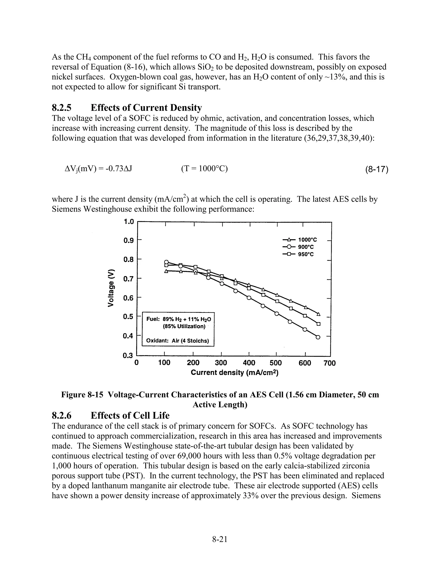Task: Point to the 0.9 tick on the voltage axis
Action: (x=128, y=240)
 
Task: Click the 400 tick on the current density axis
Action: (x=249, y=363)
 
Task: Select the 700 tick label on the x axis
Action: (x=330, y=363)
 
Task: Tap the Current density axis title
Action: (x=235, y=372)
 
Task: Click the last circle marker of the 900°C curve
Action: (x=318, y=337)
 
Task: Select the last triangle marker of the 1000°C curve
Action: (x=318, y=314)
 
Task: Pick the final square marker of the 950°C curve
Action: (x=318, y=324)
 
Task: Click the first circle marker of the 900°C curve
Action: (x=166, y=262)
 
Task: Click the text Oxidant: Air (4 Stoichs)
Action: (x=177, y=341)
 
